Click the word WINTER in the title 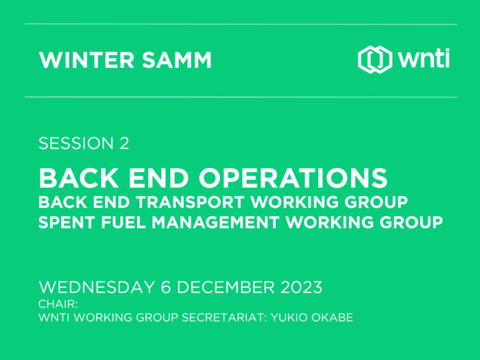pos(86,60)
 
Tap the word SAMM pos(177,60)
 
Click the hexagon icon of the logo pos(374,60)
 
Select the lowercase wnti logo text pos(424,58)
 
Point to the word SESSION pos(76,143)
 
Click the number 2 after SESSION pos(124,143)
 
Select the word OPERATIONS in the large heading pos(293,178)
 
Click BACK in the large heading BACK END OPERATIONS pos(79,178)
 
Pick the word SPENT pos(67,222)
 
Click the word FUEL pos(123,222)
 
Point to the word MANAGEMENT pos(215,222)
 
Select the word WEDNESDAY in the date pos(97,287)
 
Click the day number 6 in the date pos(166,287)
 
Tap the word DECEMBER pos(226,287)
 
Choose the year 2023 pos(301,287)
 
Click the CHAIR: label pos(58,304)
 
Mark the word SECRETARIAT pos(224,317)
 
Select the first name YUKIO pos(289,317)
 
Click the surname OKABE pos(333,317)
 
